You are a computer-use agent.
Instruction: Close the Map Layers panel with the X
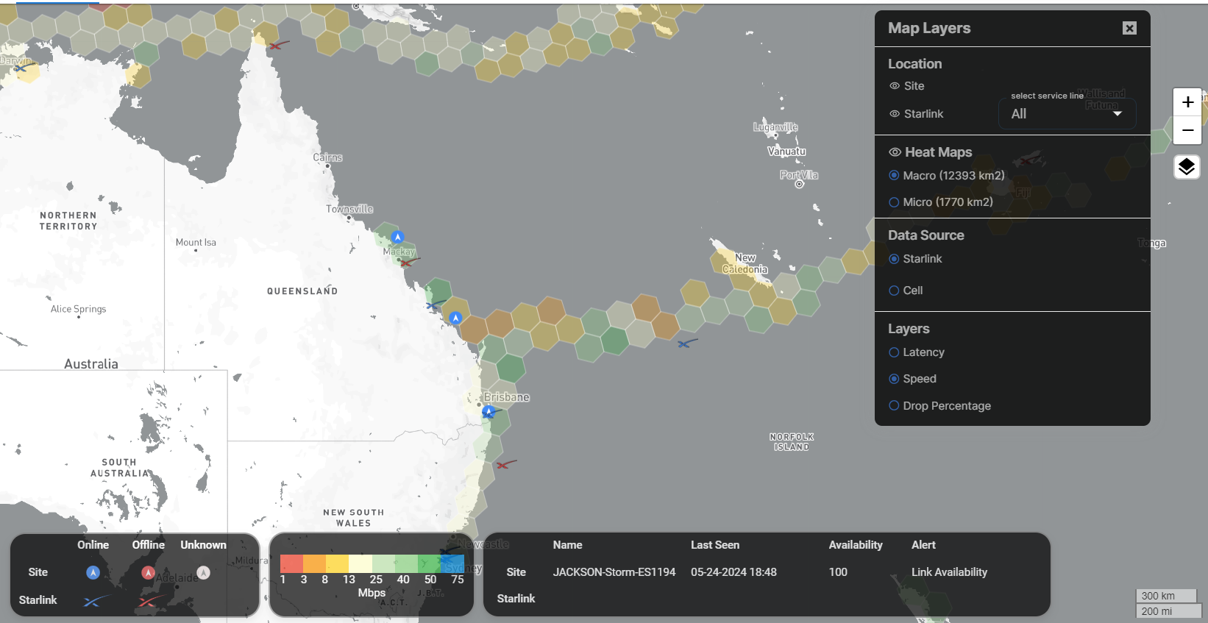coord(1129,28)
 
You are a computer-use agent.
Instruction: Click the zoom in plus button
coord(1187,102)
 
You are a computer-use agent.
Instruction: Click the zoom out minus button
coord(1187,130)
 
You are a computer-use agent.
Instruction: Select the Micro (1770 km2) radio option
coord(894,202)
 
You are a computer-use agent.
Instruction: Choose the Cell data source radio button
coord(894,291)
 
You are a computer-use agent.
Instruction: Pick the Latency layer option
coord(894,352)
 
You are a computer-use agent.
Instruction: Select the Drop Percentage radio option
coord(894,405)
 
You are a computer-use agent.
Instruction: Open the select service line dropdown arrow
coord(1118,114)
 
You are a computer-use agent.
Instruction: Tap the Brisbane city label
coord(506,397)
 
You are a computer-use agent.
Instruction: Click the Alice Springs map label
coord(78,309)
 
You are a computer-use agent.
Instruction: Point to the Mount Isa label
coord(196,242)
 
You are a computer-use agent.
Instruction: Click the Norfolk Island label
coord(792,441)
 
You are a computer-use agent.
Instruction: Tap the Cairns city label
coord(327,157)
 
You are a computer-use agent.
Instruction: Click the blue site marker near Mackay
coord(397,237)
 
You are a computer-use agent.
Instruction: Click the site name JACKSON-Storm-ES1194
coord(614,572)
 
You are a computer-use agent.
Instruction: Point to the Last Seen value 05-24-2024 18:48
coord(733,572)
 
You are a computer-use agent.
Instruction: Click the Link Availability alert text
coord(949,572)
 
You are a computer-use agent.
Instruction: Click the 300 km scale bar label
coord(1158,596)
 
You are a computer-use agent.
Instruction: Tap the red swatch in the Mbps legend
coord(291,563)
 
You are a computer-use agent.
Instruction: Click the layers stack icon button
coord(1187,167)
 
